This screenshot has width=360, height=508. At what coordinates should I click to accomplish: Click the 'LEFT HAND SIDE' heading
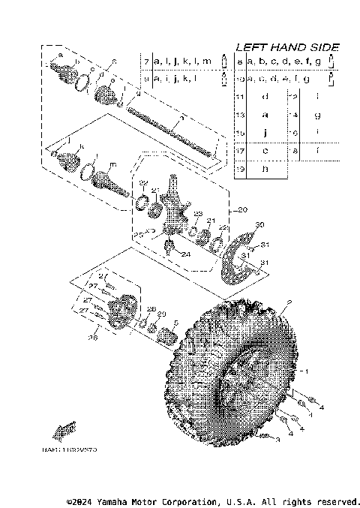click(x=288, y=47)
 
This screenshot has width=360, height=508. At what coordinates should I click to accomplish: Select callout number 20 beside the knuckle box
click(x=241, y=209)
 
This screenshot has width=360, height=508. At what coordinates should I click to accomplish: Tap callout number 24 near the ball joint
click(x=185, y=254)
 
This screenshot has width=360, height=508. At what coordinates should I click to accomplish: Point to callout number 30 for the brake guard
click(x=260, y=225)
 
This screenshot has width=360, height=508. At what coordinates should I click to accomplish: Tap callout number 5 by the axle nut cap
click(x=175, y=324)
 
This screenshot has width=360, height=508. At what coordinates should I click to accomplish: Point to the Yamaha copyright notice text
click(x=213, y=500)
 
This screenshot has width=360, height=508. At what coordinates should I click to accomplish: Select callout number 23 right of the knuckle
click(x=198, y=215)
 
